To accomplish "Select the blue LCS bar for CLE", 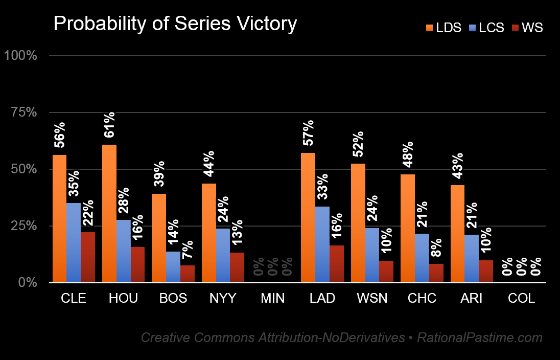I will tap(74, 242).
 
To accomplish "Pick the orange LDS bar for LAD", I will tap(308, 217).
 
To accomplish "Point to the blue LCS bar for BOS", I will tap(173, 266).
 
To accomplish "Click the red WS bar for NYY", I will tap(238, 267).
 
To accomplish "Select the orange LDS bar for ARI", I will tap(457, 233).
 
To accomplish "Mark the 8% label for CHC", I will tap(436, 250).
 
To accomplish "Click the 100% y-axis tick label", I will tap(20, 56).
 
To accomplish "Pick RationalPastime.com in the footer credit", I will tap(480, 338).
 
